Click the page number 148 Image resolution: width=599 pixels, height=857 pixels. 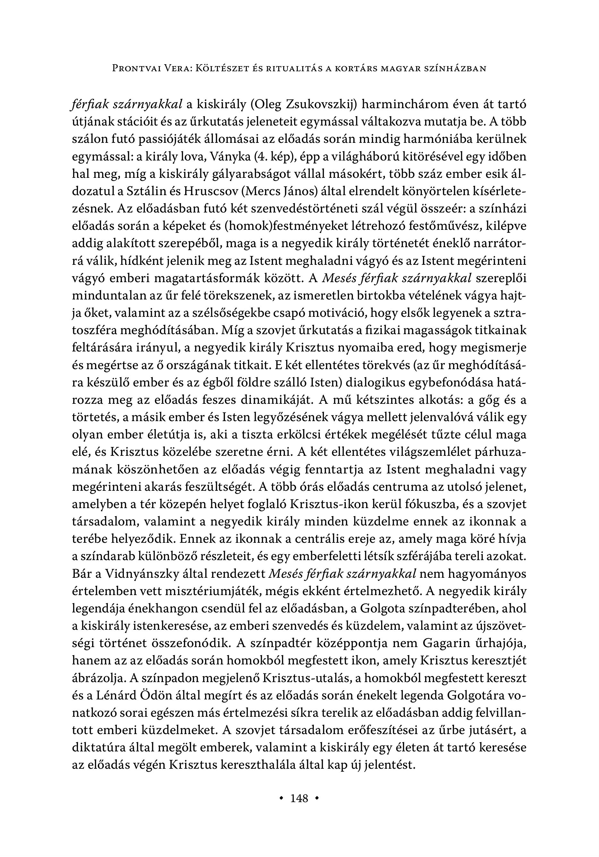[x=299, y=798]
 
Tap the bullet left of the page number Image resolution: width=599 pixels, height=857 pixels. [x=281, y=798]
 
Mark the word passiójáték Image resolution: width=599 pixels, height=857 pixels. [x=170, y=140]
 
